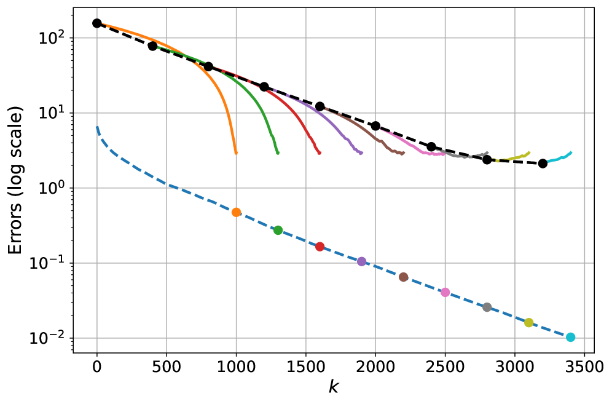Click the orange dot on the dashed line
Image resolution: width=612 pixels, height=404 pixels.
[x=236, y=212]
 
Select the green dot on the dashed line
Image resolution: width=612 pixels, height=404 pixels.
[x=278, y=230]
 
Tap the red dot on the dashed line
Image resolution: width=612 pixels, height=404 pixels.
[x=320, y=247]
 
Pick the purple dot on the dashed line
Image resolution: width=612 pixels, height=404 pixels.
[x=361, y=261]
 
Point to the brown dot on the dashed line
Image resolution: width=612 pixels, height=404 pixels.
[x=403, y=277]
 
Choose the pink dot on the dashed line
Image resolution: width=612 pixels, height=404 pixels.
[x=445, y=292]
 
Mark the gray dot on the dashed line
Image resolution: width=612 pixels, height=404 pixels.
[x=487, y=307]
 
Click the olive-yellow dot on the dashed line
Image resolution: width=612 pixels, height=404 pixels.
[x=528, y=323]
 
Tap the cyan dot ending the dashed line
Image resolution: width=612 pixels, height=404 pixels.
[x=570, y=337]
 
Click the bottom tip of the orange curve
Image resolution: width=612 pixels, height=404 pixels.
[x=236, y=153]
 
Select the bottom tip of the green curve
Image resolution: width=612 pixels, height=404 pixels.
[x=278, y=153]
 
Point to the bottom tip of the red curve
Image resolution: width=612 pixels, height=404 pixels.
[x=319, y=153]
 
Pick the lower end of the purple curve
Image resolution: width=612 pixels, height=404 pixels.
[x=361, y=153]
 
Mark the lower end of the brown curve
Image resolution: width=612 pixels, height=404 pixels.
[x=402, y=153]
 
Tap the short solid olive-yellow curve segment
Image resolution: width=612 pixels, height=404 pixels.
[x=513, y=158]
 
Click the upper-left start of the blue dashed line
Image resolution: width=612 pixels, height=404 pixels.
[x=97, y=127]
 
